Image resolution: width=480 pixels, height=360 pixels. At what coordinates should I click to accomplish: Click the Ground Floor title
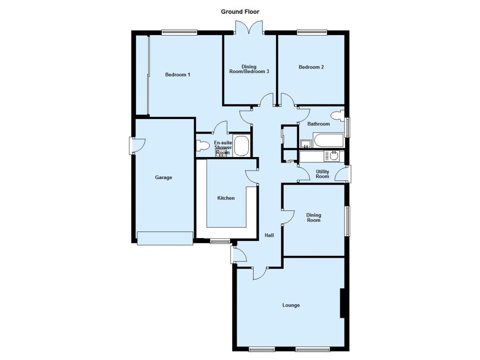click(240, 12)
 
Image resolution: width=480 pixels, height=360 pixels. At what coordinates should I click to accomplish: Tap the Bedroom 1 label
click(178, 75)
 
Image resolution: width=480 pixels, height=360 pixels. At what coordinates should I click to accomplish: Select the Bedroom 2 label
click(311, 67)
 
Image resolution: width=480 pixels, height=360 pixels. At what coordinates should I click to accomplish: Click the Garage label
click(164, 177)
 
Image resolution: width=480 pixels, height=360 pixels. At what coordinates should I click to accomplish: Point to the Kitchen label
click(226, 198)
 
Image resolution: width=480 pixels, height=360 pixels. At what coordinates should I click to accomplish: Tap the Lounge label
click(291, 305)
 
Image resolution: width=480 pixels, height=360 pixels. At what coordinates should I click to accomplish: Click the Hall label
click(269, 235)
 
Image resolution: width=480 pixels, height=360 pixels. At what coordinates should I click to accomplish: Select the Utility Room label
click(322, 174)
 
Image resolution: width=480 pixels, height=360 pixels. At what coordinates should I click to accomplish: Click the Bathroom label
click(318, 124)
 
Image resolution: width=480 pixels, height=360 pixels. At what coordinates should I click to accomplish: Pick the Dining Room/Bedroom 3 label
click(249, 69)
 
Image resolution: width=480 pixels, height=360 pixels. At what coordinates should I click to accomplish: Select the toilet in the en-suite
click(202, 145)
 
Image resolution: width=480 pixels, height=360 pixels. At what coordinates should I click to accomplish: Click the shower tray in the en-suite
click(241, 146)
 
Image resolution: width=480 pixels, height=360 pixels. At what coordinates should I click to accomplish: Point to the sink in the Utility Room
click(333, 156)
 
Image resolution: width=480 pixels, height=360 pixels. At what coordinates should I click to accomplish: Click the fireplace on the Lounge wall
click(343, 303)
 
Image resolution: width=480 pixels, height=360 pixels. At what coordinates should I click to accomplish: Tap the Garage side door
click(137, 146)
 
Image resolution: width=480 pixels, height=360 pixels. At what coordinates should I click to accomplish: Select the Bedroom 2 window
click(312, 32)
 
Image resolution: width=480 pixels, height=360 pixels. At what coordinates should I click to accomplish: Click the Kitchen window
click(220, 241)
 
